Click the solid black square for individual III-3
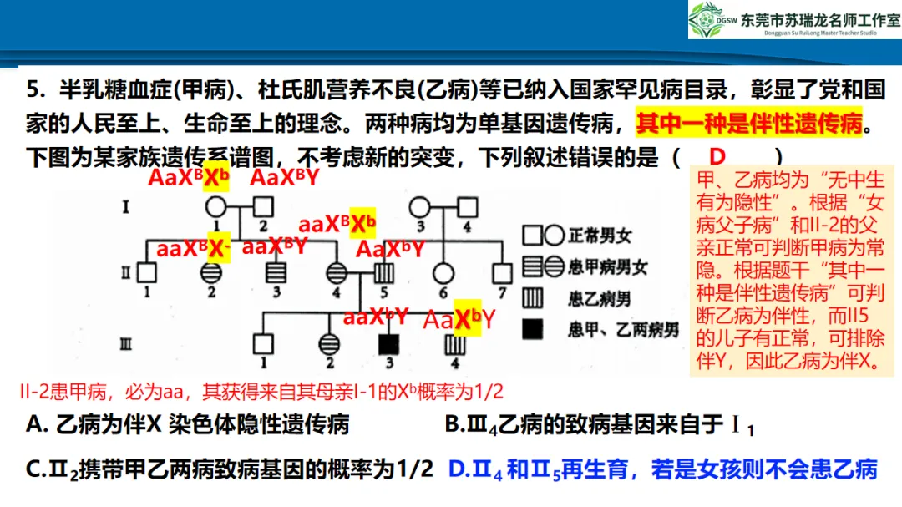pyautogui.click(x=387, y=343)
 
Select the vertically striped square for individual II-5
pyautogui.click(x=383, y=271)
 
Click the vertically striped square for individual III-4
pyautogui.click(x=454, y=343)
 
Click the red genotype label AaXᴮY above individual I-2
pyautogui.click(x=286, y=178)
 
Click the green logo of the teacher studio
pyautogui.click(x=709, y=19)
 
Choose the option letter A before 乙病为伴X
pyautogui.click(x=35, y=425)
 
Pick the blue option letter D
pyautogui.click(x=458, y=469)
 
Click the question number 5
pyautogui.click(x=33, y=89)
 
